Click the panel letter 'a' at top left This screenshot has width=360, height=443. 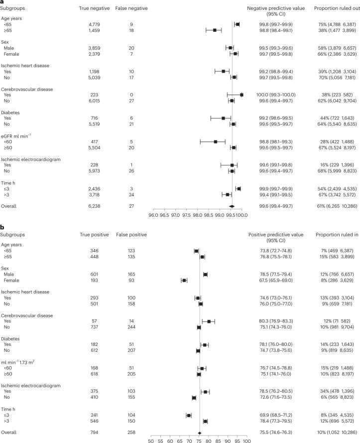point(2,2)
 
